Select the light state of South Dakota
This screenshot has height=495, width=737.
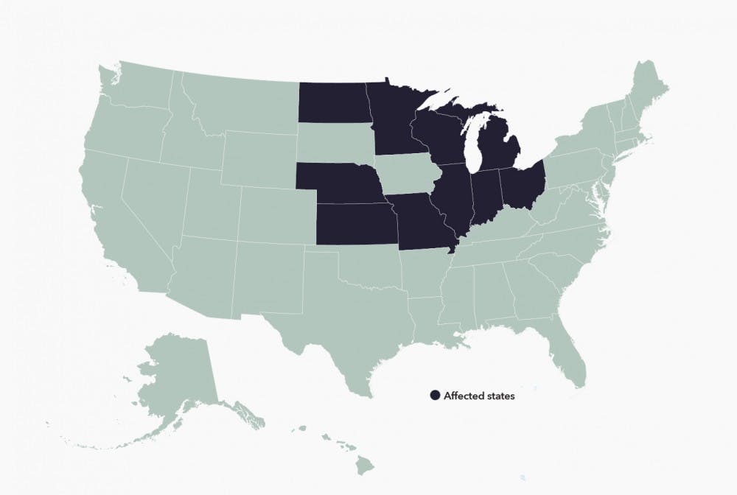coord(335,141)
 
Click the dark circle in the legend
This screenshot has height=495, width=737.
coord(435,396)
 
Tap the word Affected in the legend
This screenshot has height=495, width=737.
coord(462,396)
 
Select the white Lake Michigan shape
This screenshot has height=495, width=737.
coord(475,144)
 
